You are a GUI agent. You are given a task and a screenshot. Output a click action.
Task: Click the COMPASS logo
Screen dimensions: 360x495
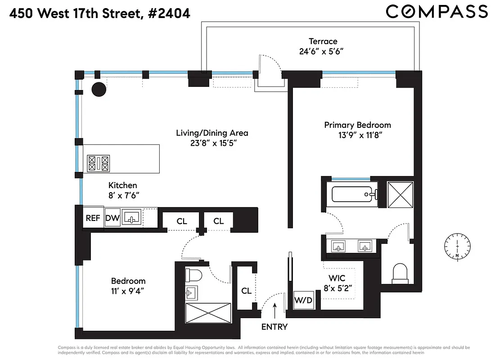(436, 12)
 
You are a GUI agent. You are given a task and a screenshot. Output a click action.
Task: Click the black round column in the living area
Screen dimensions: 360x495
(99, 90)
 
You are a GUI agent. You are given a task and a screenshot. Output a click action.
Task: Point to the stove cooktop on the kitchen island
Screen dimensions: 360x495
(99, 163)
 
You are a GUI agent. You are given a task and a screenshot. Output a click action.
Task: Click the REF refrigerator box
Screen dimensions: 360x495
(93, 218)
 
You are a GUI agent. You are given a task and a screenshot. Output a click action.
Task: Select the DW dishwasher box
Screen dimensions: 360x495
(112, 219)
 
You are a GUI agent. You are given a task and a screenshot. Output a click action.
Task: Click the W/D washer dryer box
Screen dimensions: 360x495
(302, 300)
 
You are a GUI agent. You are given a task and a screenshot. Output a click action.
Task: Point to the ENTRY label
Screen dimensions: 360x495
(274, 327)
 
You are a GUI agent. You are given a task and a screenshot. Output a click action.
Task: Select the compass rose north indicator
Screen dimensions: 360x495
(457, 247)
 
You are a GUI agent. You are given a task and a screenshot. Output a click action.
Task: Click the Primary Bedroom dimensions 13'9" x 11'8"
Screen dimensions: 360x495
(357, 135)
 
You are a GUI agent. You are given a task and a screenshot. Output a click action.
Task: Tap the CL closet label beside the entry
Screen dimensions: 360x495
(246, 291)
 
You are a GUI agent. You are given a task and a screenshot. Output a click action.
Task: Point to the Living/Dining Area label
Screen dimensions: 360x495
(211, 133)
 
